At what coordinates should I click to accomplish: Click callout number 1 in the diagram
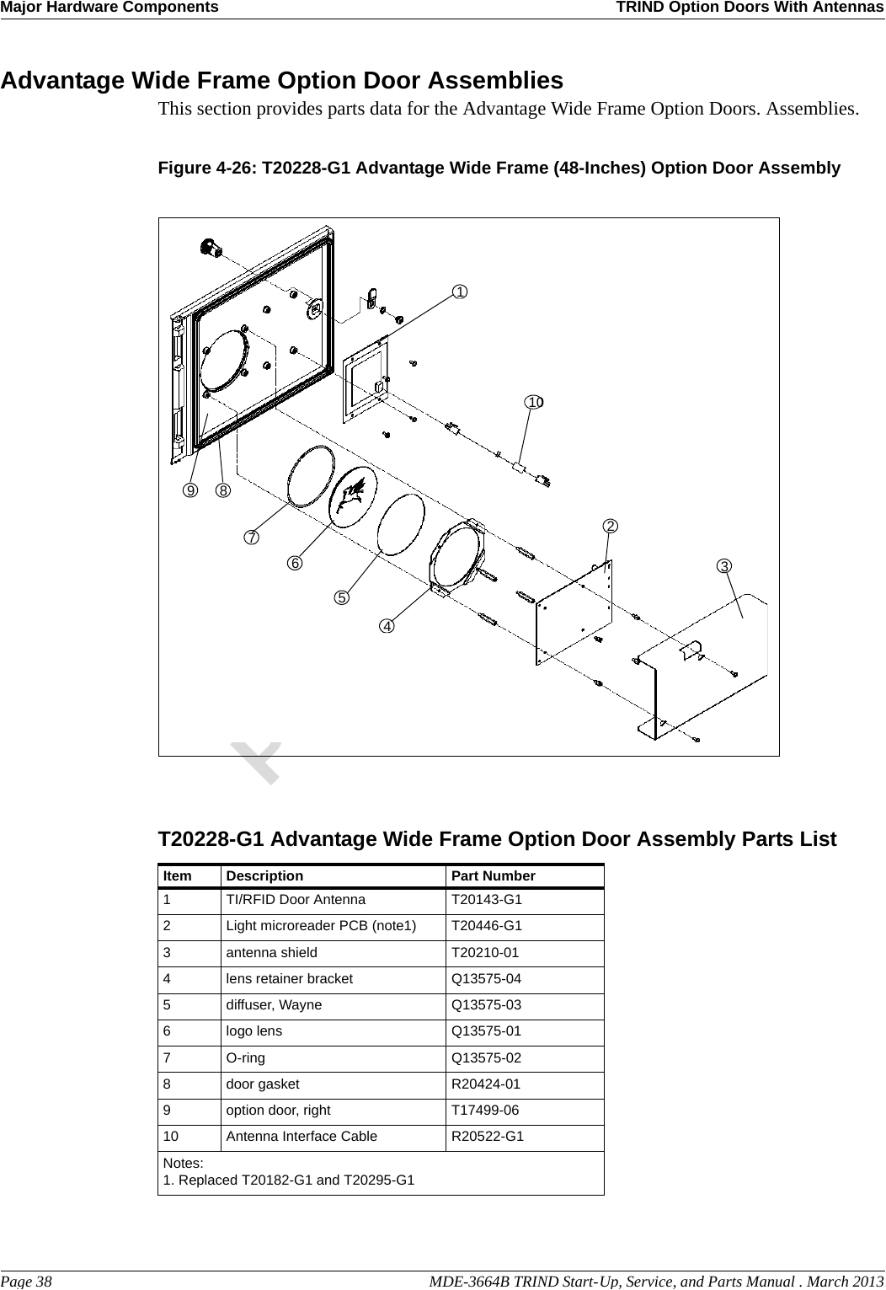click(x=460, y=292)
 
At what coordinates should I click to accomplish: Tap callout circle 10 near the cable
click(x=534, y=403)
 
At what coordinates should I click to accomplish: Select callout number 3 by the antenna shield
click(x=724, y=565)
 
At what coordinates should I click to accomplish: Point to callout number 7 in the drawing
click(x=252, y=537)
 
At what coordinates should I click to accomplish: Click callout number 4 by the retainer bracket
click(x=386, y=626)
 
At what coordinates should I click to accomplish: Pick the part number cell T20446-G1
click(x=487, y=926)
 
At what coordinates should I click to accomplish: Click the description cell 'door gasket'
click(x=262, y=1084)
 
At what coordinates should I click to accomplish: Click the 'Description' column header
click(x=264, y=876)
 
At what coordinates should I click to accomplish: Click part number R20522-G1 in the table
click(x=488, y=1137)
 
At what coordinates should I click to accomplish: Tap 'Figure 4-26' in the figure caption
click(x=207, y=168)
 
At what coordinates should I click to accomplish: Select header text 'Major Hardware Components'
click(x=109, y=8)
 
